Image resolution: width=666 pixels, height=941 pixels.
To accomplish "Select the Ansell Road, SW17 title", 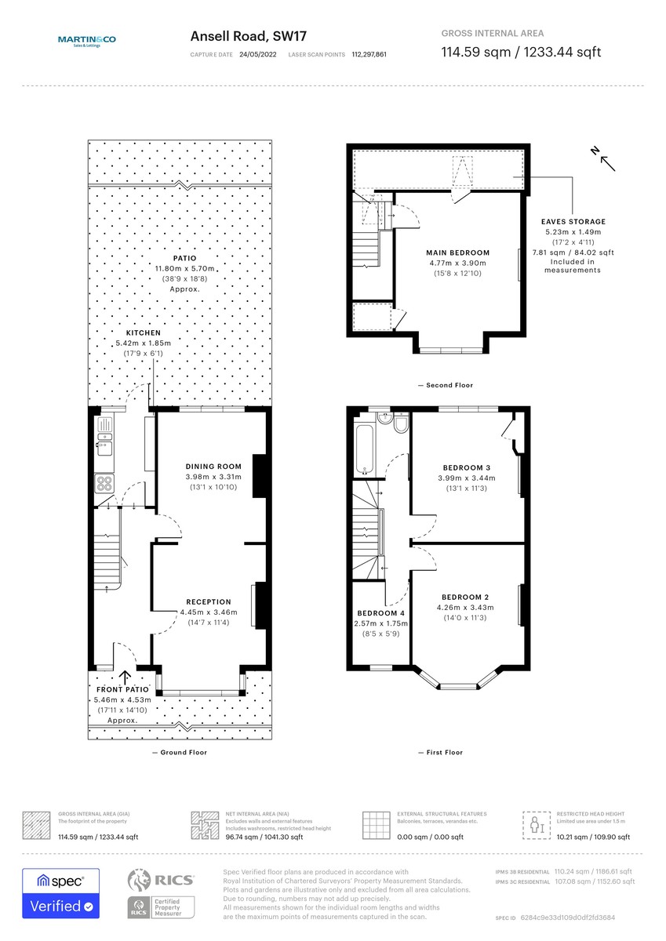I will (x=248, y=36).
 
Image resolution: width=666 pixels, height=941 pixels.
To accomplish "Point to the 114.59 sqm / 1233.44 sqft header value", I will (x=521, y=53).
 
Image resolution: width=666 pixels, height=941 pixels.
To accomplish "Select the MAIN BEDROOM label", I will (x=457, y=253).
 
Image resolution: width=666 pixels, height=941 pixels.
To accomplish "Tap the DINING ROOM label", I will (x=213, y=467).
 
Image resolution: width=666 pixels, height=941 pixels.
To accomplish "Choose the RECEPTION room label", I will (x=208, y=602).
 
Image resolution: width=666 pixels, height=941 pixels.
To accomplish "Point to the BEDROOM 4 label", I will (x=380, y=613).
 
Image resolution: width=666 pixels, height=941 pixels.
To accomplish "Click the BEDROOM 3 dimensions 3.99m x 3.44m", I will (x=467, y=478).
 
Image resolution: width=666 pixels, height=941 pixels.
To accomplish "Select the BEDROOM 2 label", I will (x=465, y=596).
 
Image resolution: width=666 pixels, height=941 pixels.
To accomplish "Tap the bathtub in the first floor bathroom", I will (x=366, y=448).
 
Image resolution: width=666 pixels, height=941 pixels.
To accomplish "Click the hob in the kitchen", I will (x=104, y=482).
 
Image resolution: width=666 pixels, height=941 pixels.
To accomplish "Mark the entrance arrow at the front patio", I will (x=124, y=678).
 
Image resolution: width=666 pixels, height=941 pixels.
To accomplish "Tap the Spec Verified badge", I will (x=60, y=894).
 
